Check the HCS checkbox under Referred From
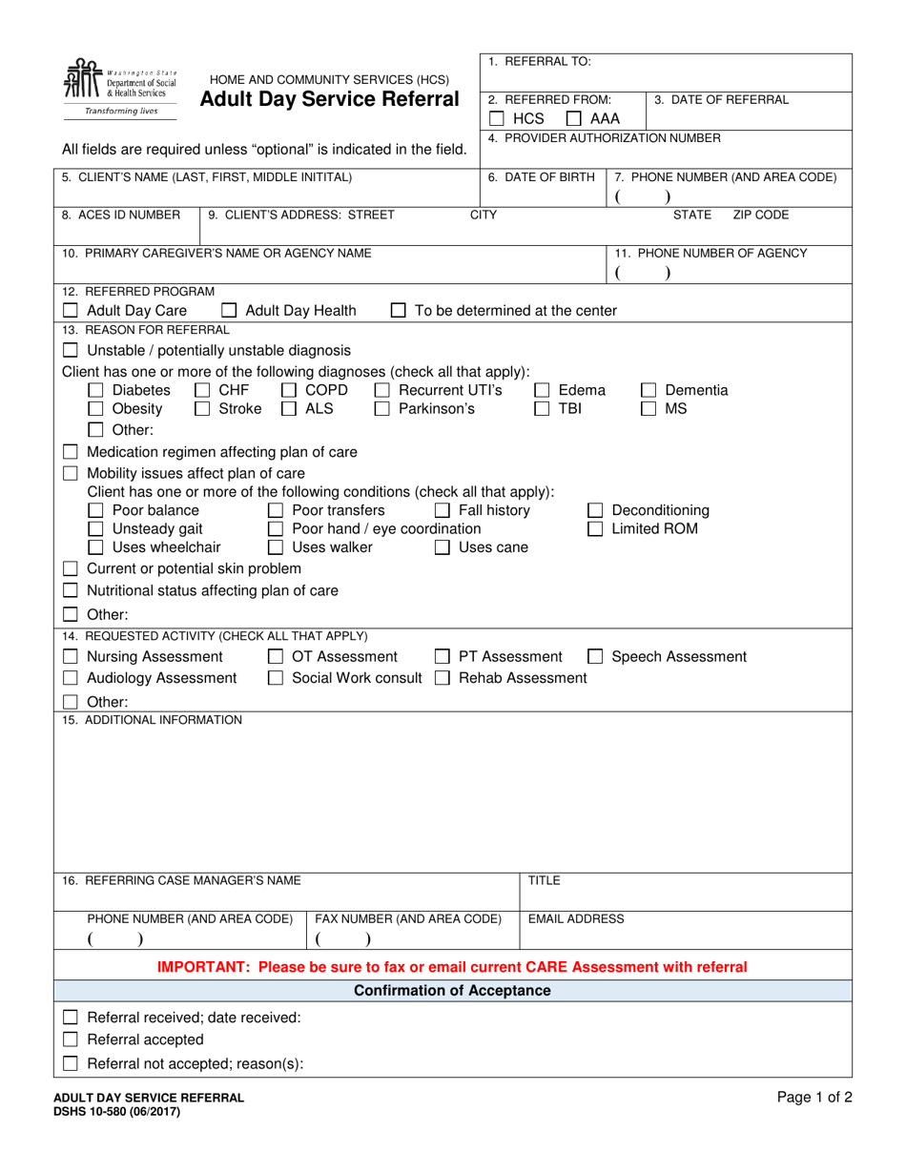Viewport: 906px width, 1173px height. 496,119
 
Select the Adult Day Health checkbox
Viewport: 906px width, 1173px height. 229,310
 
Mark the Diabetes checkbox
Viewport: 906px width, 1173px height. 95,390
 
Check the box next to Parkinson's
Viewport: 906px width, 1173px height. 381,409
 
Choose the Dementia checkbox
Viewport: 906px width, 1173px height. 649,390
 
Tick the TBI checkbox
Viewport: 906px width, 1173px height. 542,409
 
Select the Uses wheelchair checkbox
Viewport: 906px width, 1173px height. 95,547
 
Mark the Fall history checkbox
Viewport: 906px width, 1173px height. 443,510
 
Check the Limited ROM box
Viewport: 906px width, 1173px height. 595,528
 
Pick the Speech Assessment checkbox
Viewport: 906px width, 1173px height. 595,656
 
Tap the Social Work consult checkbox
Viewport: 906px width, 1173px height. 276,678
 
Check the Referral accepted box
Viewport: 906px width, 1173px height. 71,1039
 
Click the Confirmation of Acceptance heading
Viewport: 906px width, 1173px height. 452,991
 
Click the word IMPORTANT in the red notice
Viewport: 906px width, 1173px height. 199,967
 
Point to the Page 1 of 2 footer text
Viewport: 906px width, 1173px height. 814,1098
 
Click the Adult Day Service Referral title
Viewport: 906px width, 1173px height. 330,99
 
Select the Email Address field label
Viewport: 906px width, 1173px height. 576,919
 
